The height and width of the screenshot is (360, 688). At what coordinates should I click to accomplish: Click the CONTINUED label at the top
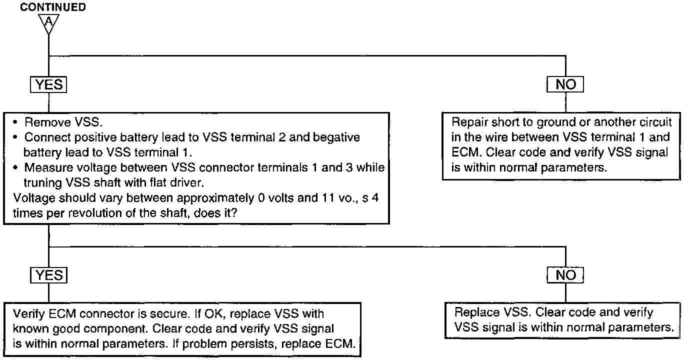[x=52, y=7]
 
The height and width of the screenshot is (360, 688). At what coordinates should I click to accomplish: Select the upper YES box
[x=49, y=84]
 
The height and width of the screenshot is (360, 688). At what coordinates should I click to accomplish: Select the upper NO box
[x=565, y=84]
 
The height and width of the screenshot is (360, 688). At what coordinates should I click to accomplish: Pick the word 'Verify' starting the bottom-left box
[x=28, y=314]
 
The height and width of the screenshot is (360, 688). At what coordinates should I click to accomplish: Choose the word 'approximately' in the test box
[x=200, y=197]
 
